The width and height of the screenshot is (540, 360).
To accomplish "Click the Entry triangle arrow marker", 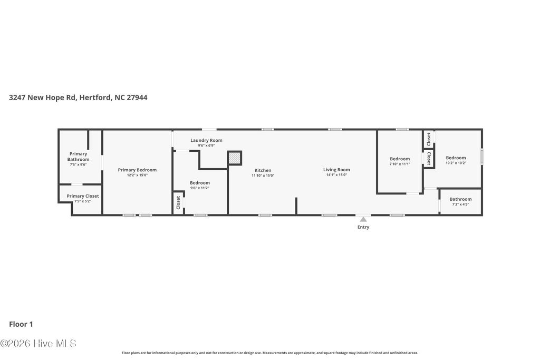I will pyautogui.click(x=363, y=219).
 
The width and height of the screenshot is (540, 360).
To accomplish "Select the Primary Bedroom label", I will pyautogui.click(x=137, y=170).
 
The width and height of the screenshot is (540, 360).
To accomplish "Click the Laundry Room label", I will pyautogui.click(x=206, y=140).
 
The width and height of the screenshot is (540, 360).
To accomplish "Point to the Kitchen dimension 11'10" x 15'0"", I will pyautogui.click(x=263, y=176).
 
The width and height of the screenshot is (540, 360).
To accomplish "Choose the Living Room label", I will pyautogui.click(x=336, y=170).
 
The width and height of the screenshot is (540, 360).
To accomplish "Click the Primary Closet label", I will pyautogui.click(x=83, y=196).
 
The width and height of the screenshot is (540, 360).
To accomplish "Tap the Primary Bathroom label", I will pyautogui.click(x=78, y=157).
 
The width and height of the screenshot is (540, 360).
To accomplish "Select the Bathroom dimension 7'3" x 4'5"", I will pyautogui.click(x=460, y=205).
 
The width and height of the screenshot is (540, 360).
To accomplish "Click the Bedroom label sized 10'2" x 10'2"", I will pyautogui.click(x=456, y=158).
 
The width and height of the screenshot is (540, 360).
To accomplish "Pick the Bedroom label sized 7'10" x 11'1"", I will pyautogui.click(x=400, y=159).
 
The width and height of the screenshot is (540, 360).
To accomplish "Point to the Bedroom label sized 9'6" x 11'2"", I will pyautogui.click(x=200, y=183).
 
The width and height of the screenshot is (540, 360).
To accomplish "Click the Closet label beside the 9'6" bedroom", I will pyautogui.click(x=178, y=202).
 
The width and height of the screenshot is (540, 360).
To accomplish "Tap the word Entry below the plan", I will pyautogui.click(x=363, y=227).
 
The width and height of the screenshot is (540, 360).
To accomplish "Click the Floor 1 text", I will pyautogui.click(x=21, y=325).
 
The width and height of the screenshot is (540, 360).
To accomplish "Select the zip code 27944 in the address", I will pyautogui.click(x=137, y=98).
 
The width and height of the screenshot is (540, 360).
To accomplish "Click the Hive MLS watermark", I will pyautogui.click(x=38, y=343).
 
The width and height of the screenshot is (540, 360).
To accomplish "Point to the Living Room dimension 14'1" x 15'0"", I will pyautogui.click(x=336, y=175).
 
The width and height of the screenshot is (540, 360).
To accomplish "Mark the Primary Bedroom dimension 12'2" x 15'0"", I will pyautogui.click(x=137, y=176).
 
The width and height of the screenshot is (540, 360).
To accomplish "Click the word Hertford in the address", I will pyautogui.click(x=95, y=98).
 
